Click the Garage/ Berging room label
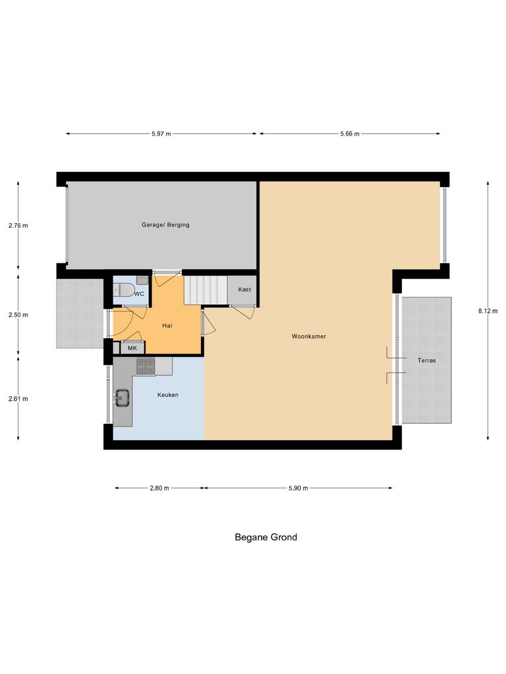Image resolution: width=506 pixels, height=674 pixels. click(165, 225)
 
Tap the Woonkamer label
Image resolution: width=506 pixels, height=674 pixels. click(309, 336)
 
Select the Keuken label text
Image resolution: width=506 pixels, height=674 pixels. click(167, 395)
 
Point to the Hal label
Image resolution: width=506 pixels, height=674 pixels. click(167, 325)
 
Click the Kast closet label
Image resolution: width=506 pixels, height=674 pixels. click(244, 290)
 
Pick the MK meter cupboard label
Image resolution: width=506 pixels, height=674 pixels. click(132, 348)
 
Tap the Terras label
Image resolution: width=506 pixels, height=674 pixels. click(426, 361)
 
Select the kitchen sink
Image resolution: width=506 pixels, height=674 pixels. click(122, 396)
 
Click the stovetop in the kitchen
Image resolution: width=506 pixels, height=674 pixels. click(145, 366)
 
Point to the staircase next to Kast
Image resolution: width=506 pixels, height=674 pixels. click(205, 290)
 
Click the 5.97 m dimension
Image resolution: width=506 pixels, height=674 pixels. click(161, 134)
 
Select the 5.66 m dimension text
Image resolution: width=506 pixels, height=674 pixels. click(350, 134)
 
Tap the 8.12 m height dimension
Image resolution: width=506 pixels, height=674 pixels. click(488, 311)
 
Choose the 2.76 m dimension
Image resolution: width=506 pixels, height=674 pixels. click(18, 225)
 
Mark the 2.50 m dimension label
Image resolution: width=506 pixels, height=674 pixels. click(18, 315)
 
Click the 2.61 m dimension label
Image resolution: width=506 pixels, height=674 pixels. click(18, 398)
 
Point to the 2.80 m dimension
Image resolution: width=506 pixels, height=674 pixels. click(159, 488)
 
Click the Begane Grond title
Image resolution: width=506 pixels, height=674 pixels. click(266, 537)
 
